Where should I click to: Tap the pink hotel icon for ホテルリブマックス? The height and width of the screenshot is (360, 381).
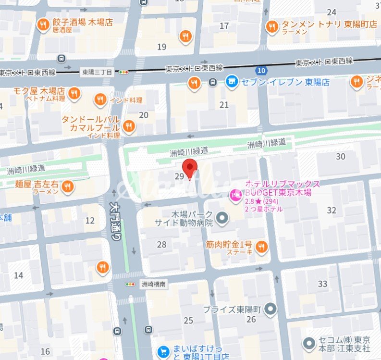pyautogui.click(x=236, y=195)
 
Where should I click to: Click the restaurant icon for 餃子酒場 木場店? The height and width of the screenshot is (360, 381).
pyautogui.click(x=44, y=24)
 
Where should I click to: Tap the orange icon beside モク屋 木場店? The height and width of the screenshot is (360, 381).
pyautogui.click(x=74, y=93)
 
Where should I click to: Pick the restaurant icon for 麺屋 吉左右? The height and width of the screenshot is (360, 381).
pyautogui.click(x=67, y=186)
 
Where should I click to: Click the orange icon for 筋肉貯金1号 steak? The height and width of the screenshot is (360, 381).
pyautogui.click(x=261, y=247)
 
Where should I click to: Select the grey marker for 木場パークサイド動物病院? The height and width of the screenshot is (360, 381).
pyautogui.click(x=222, y=219)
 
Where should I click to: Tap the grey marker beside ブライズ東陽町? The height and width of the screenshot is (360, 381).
pyautogui.click(x=271, y=309)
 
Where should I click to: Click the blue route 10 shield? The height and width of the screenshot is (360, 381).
pyautogui.click(x=260, y=70)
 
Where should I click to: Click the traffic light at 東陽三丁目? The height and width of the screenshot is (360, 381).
pyautogui.click(x=124, y=72)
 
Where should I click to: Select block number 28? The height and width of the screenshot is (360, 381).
pyautogui.click(x=161, y=245)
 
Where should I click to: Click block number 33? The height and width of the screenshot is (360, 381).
pyautogui.click(x=322, y=284)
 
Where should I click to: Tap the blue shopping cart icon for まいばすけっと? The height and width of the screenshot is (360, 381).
pyautogui.click(x=165, y=351)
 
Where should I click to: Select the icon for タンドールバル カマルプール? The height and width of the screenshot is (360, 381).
pyautogui.click(x=128, y=126)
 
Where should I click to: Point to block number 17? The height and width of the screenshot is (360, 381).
pyautogui.click(x=224, y=25)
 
